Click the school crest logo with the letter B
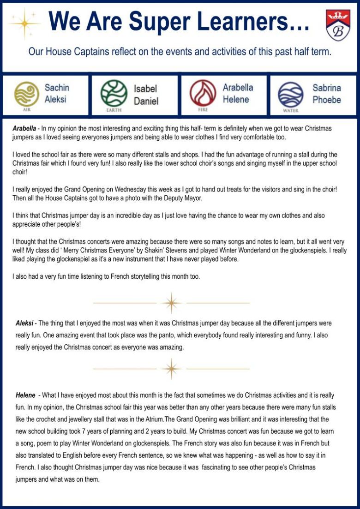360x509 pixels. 338,25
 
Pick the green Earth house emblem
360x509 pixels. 114,93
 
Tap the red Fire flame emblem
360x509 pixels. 203,93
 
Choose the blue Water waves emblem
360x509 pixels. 291,94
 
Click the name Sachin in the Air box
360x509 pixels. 57,87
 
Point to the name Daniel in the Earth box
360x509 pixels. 146,101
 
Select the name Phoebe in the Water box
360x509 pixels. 327,100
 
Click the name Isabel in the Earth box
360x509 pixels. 145,89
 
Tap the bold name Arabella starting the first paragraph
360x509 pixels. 24,128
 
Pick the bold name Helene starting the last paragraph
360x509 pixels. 25,395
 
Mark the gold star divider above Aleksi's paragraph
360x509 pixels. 171,303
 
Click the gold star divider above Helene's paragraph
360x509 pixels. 171,369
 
